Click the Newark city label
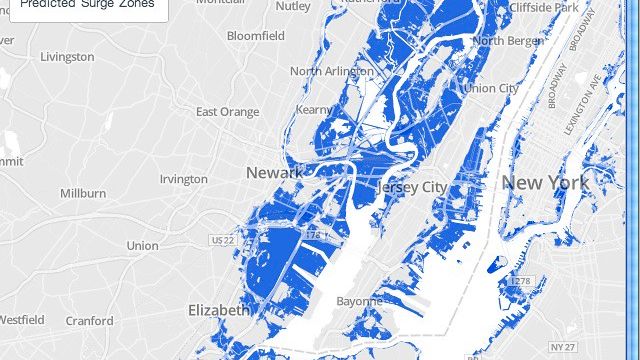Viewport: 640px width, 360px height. [x=273, y=173]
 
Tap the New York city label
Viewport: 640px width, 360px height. [x=545, y=183]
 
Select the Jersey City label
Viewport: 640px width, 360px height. [x=413, y=187]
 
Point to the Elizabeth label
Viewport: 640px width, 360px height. [x=219, y=310]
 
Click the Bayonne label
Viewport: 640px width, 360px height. [x=359, y=300]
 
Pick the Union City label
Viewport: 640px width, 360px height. [x=491, y=88]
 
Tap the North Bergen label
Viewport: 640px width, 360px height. [x=508, y=41]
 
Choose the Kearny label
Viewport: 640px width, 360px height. [x=314, y=108]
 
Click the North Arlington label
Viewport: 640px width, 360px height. [x=332, y=71]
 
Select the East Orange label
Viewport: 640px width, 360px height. [x=227, y=111]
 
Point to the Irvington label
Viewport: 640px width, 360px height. [x=184, y=179]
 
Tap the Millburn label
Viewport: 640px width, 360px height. [x=83, y=192]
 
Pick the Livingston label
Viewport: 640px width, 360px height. [x=67, y=57]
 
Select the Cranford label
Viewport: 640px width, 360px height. [x=90, y=321]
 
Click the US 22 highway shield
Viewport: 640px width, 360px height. [x=222, y=241]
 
